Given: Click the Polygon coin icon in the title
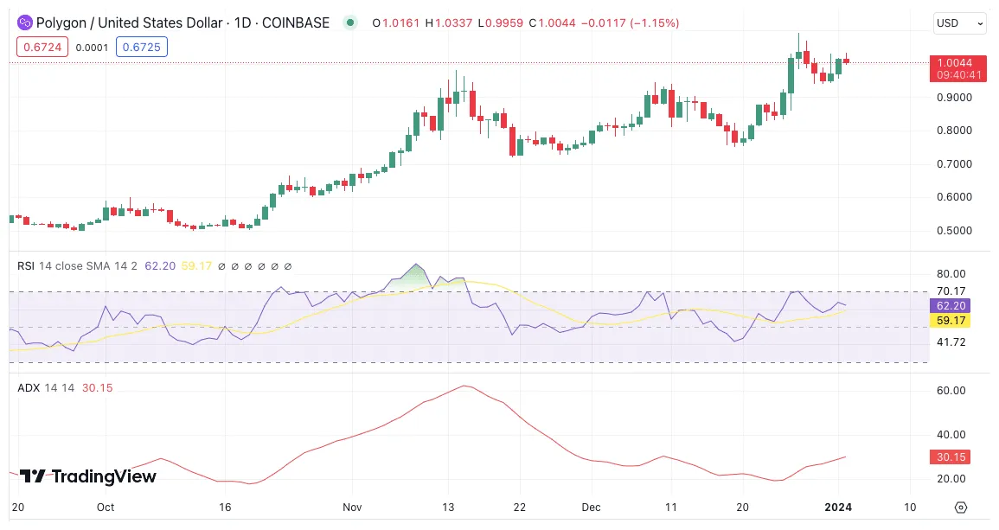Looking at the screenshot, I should [25, 23].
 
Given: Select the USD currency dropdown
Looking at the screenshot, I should [959, 23].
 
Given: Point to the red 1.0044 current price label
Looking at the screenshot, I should [957, 62].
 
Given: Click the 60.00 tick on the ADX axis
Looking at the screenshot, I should [951, 391].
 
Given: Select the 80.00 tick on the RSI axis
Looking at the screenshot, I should [951, 273].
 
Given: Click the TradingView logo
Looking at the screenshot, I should [87, 476].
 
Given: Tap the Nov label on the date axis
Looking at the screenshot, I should [351, 508].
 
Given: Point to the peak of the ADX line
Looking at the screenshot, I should [465, 386].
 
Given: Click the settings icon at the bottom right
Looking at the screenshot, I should [960, 508].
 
